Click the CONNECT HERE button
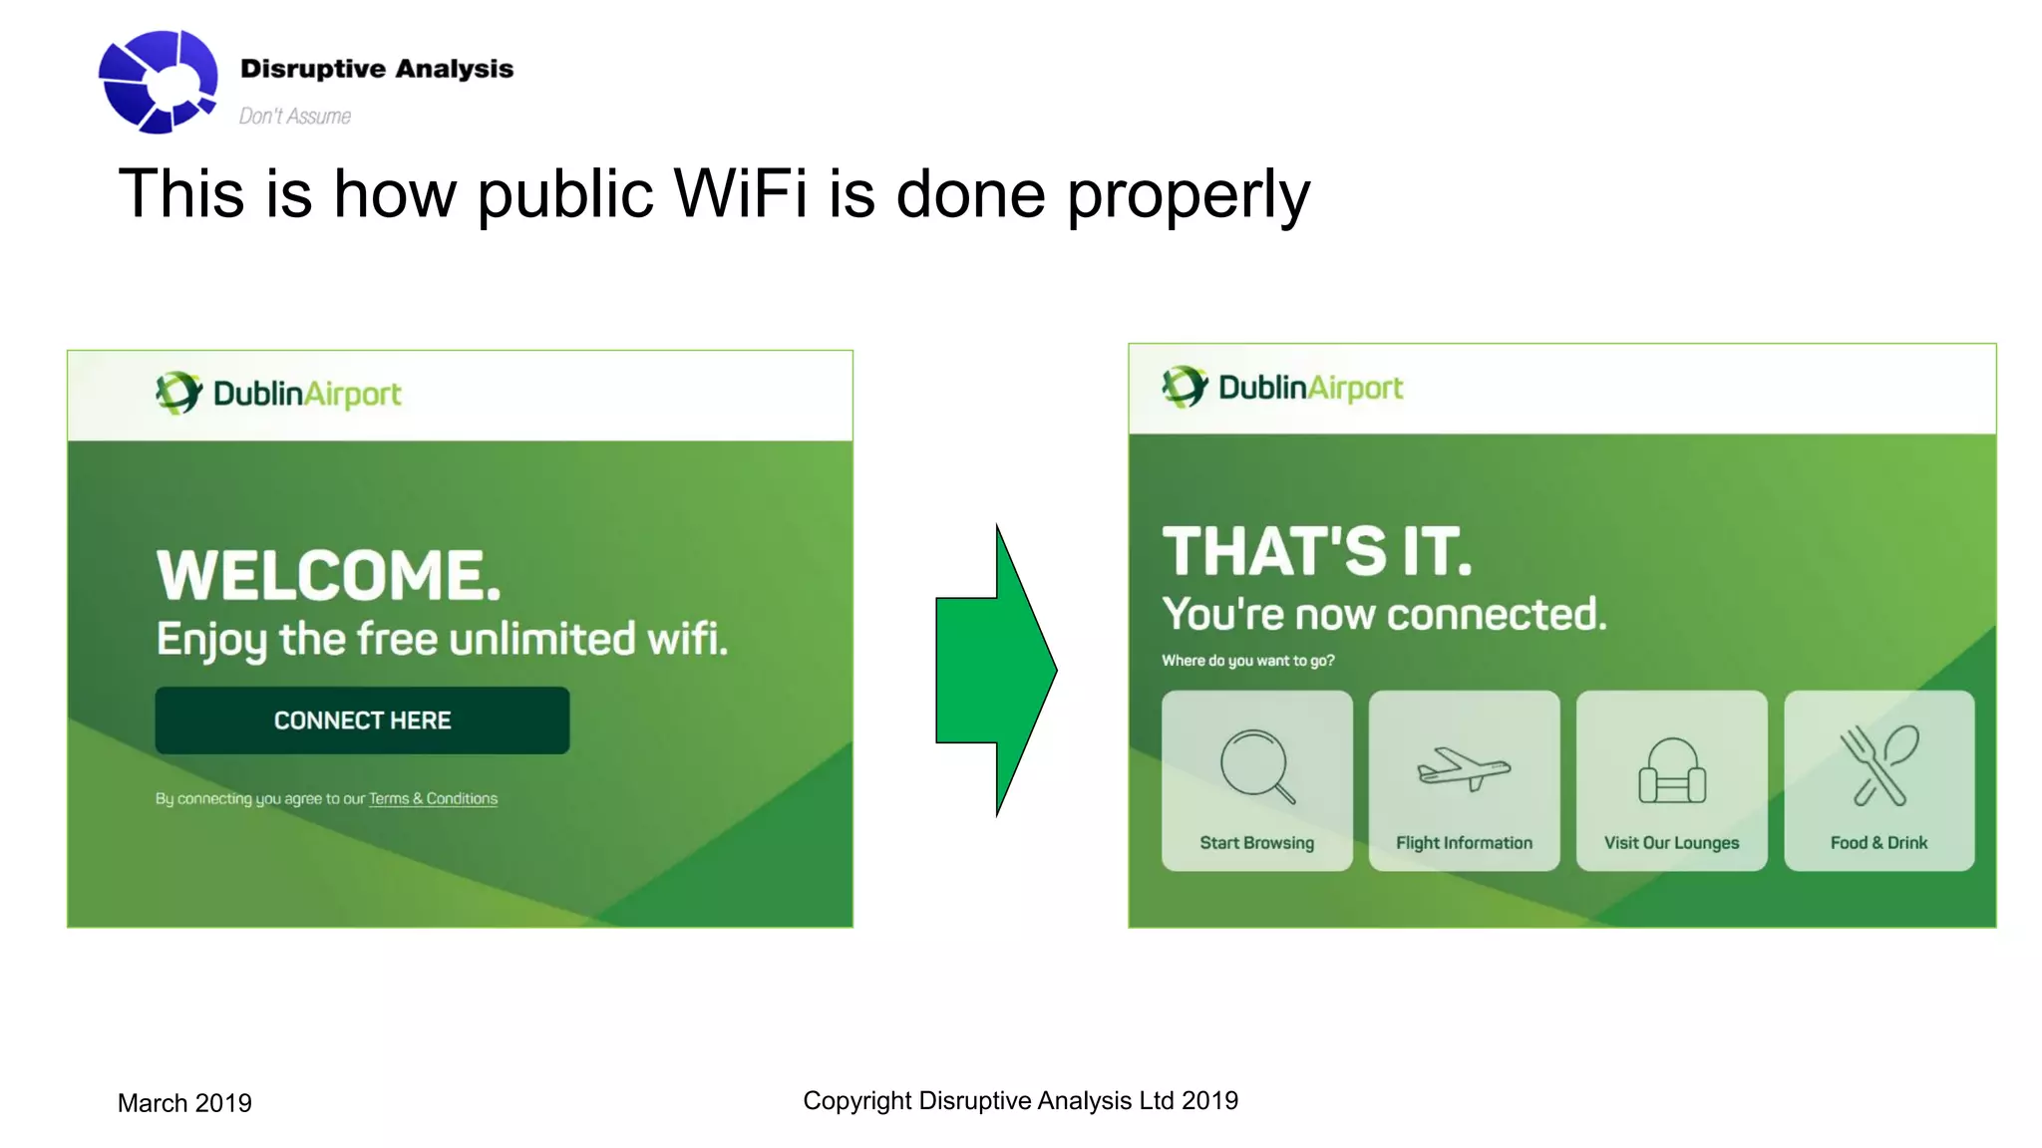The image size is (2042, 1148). tap(362, 719)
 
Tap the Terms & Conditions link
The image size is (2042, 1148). tap(433, 798)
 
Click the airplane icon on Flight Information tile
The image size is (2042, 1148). tap(1464, 769)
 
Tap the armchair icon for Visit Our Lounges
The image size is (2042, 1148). tap(1672, 771)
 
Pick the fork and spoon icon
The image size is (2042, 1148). tap(1878, 765)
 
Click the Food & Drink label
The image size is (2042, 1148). tap(1878, 842)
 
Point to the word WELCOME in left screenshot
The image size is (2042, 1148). tap(328, 575)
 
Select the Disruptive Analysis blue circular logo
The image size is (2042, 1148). tap(159, 81)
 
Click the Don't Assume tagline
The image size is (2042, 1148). tap(294, 117)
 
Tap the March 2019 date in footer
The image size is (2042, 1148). tap(184, 1103)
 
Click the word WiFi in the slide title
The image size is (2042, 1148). tap(740, 193)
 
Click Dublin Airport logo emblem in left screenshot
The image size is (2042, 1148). tap(177, 393)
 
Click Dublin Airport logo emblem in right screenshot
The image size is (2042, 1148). tap(1184, 387)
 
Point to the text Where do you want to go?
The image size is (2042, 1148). tap(1247, 660)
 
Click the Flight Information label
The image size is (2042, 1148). tap(1464, 842)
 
